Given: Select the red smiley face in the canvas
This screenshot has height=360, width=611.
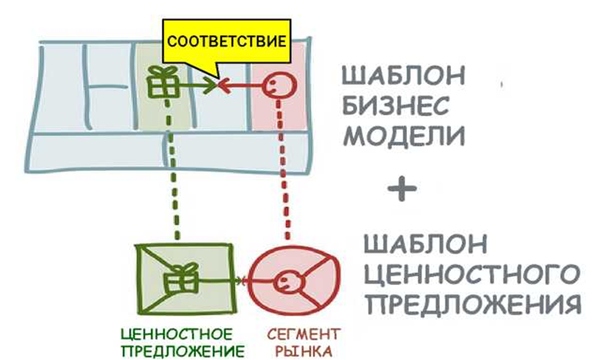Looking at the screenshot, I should pyautogui.click(x=275, y=87).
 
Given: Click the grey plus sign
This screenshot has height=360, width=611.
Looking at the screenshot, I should pyautogui.click(x=401, y=189).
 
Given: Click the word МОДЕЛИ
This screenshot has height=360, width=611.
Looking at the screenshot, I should pyautogui.click(x=401, y=137).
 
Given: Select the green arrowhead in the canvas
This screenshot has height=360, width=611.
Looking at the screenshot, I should pyautogui.click(x=211, y=86).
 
